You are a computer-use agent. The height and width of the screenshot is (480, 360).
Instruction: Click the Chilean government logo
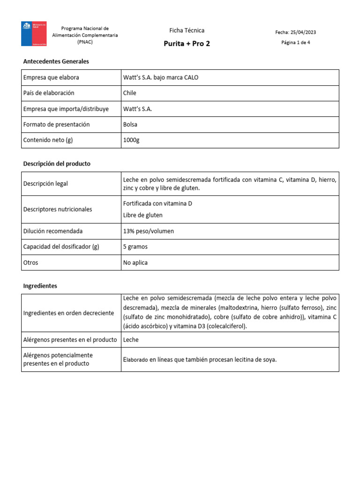tap(34, 34)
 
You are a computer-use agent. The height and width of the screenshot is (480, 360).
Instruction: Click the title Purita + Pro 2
tap(187, 44)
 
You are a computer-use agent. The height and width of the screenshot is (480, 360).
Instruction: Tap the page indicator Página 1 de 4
tap(295, 43)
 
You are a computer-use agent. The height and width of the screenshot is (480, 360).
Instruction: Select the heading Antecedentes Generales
tap(56, 61)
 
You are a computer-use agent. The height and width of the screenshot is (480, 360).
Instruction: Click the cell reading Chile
tap(129, 93)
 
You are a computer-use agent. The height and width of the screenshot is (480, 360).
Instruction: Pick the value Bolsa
tap(130, 125)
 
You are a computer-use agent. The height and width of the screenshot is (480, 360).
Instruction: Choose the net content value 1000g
tap(131, 140)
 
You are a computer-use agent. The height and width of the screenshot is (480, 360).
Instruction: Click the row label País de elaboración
tap(49, 93)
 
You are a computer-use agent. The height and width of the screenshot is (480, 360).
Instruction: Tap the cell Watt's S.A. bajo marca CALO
tap(160, 77)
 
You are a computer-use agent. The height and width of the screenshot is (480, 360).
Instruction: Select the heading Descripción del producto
tap(57, 164)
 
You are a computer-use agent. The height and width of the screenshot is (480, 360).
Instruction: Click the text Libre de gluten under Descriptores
tap(142, 215)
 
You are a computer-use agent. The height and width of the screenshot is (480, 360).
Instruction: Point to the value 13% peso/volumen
tap(148, 231)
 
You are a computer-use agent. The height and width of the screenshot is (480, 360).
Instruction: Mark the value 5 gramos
tap(135, 247)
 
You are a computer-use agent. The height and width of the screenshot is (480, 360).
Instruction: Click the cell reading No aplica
tap(135, 262)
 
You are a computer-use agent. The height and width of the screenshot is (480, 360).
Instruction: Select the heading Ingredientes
tap(40, 285)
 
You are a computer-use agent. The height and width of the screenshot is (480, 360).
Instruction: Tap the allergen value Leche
tap(131, 339)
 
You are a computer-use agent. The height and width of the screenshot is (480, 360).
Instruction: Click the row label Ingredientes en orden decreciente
tap(68, 313)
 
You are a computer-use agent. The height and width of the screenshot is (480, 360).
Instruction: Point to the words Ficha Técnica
tap(187, 30)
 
